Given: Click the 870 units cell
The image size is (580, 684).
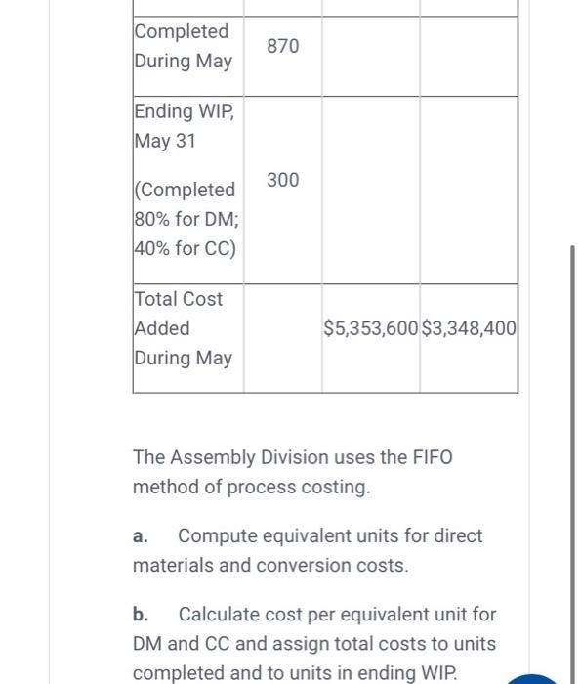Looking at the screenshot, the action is tap(283, 46).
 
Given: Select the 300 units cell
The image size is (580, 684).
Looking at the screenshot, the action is tap(283, 180).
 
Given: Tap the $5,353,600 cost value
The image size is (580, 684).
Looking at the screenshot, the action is tap(370, 328).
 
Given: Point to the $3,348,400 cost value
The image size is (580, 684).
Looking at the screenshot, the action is tap(469, 328).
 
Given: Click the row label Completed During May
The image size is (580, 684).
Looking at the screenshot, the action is tap(183, 46).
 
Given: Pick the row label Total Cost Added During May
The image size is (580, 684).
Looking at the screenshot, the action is tap(183, 328).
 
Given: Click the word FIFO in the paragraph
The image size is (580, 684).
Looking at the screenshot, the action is tap(431, 457).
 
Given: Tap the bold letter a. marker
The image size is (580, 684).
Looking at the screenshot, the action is tap(141, 536).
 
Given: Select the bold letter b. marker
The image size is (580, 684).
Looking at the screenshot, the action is tap(141, 615).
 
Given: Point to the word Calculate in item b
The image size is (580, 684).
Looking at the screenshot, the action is tap(221, 615).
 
